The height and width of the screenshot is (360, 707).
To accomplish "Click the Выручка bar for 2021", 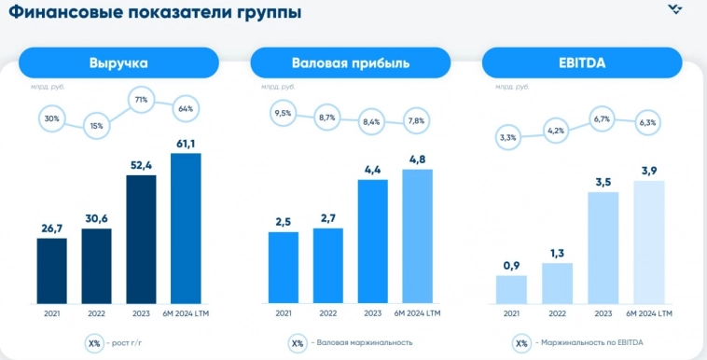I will coord(52,270).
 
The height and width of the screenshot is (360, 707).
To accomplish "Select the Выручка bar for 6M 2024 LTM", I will coord(186,228).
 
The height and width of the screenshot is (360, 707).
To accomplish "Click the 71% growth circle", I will coord(142,99).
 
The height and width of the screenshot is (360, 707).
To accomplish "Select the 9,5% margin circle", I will coord(283,114).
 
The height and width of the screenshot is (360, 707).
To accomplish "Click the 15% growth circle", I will coord(96,125).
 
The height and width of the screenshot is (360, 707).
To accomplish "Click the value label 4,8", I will coord(417,158).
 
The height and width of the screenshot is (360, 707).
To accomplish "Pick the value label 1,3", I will coord(556,252).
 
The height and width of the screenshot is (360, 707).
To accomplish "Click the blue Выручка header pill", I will coord(118,62).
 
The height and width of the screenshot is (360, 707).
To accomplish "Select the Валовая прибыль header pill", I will coord(350,62).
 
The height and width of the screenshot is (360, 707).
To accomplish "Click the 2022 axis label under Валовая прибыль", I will coord(327,312).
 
